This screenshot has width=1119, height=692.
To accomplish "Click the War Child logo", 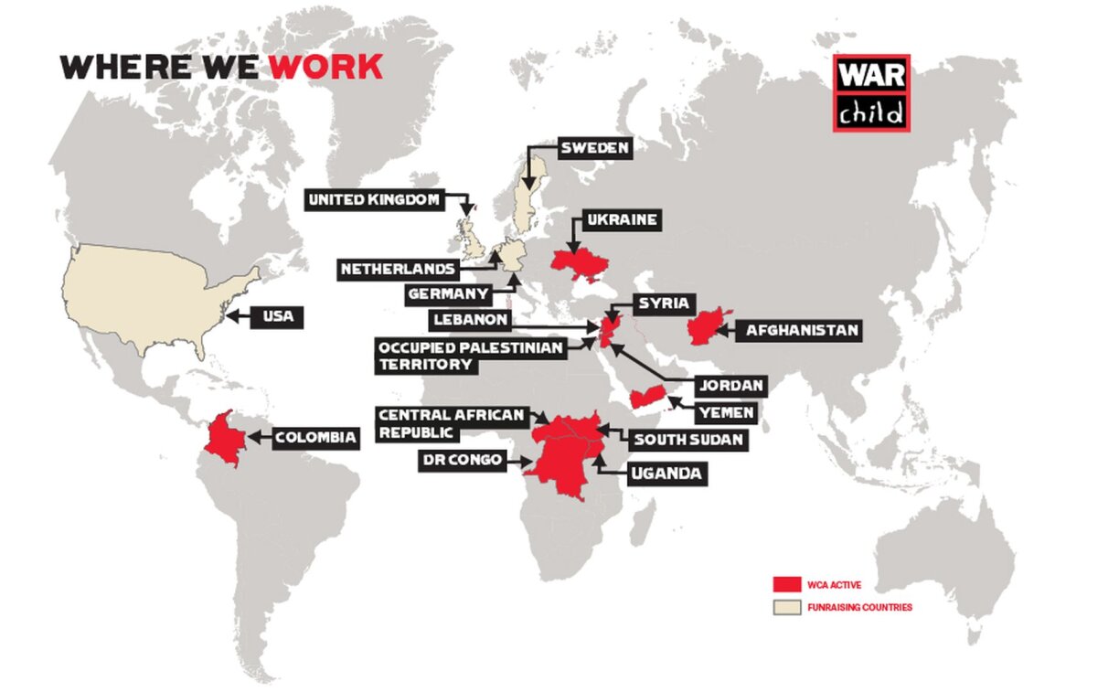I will [x=870, y=92].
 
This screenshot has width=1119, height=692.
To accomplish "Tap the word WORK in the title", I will [x=325, y=67].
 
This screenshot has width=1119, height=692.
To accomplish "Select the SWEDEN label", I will [x=595, y=148].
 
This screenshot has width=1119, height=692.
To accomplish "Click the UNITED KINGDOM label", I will [x=375, y=199].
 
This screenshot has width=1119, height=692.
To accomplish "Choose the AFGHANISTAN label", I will [x=803, y=330].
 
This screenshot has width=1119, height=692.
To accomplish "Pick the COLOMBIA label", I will [x=315, y=438].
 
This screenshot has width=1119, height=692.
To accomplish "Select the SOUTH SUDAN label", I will [x=688, y=440].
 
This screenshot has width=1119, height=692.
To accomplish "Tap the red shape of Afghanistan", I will [x=708, y=326].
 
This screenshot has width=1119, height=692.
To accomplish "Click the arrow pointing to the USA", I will [x=237, y=317].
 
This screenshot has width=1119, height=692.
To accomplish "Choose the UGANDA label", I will [x=665, y=474].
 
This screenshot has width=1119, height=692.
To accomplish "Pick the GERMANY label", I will [x=448, y=294].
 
